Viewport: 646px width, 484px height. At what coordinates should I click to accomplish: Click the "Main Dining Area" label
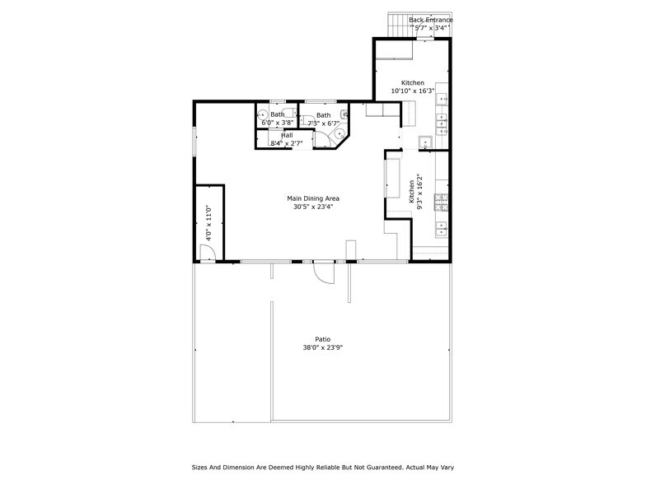point(313,198)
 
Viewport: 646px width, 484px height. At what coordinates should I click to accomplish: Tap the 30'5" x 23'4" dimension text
point(313,207)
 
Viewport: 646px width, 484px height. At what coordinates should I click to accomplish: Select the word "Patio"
point(323,339)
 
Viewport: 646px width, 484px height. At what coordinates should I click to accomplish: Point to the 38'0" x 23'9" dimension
point(323,348)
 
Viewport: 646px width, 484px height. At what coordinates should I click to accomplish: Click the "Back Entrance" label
point(430,20)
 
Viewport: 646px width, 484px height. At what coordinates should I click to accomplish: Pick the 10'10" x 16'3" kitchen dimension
point(413,92)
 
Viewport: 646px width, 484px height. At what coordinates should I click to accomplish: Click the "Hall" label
point(287,135)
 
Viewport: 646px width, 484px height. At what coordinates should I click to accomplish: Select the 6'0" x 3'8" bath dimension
point(278,123)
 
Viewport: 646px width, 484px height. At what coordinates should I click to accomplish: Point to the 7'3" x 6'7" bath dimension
point(324,123)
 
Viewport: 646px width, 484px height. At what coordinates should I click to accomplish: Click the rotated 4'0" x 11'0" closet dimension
point(209,223)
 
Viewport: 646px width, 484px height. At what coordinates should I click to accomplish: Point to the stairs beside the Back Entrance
point(398,26)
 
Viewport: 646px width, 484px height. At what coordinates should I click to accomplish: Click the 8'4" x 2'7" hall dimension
point(287,144)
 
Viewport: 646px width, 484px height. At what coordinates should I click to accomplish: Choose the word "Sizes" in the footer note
point(202,466)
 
